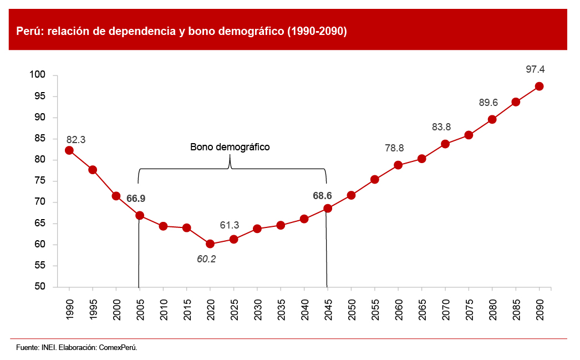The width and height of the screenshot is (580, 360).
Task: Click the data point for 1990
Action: [x=69, y=150]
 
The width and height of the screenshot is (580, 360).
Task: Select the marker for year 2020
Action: [x=210, y=244]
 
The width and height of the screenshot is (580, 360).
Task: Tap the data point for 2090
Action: [x=539, y=86]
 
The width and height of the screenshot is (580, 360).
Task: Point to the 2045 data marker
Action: [x=328, y=208]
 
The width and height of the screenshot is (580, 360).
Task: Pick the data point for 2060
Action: [x=398, y=165]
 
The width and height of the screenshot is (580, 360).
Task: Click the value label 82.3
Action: [x=75, y=140]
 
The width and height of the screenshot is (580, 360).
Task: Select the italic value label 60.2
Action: [x=206, y=258]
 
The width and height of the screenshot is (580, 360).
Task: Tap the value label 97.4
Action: [x=535, y=69]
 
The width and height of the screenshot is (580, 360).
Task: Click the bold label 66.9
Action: [x=136, y=198]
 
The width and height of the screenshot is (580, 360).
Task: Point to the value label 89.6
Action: [x=488, y=103]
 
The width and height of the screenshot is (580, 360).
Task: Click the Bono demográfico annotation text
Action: [x=230, y=147]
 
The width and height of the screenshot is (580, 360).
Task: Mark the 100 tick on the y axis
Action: [x=44, y=75]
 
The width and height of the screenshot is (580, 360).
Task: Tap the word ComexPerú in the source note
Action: [x=118, y=348]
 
